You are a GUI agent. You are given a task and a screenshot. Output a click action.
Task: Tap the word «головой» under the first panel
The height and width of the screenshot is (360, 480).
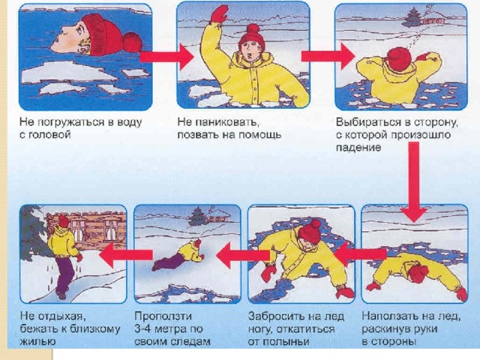49,135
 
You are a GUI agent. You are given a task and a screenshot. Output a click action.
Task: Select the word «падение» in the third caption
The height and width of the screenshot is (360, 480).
358,148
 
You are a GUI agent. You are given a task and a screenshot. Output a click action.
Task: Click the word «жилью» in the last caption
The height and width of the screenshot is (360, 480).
37,342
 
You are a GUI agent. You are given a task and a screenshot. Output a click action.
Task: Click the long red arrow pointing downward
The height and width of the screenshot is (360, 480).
414,181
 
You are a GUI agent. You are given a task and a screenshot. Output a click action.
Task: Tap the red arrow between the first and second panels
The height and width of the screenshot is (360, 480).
166,57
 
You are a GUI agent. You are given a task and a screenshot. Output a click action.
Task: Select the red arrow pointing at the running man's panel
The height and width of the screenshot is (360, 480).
126,255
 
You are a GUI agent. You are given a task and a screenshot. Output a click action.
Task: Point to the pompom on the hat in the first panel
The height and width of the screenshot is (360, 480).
132,42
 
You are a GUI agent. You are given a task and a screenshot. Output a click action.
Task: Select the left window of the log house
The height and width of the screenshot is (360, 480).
78,229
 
